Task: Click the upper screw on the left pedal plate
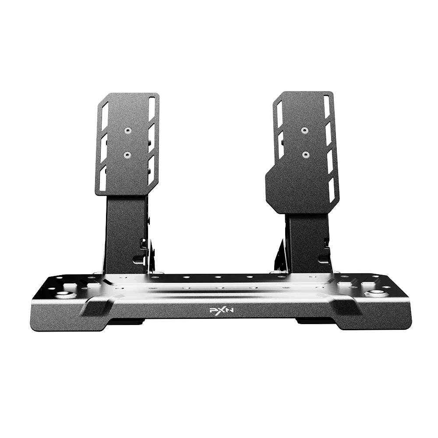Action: (128, 131)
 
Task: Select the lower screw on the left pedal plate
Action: (127, 154)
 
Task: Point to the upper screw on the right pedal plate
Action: (304, 130)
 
